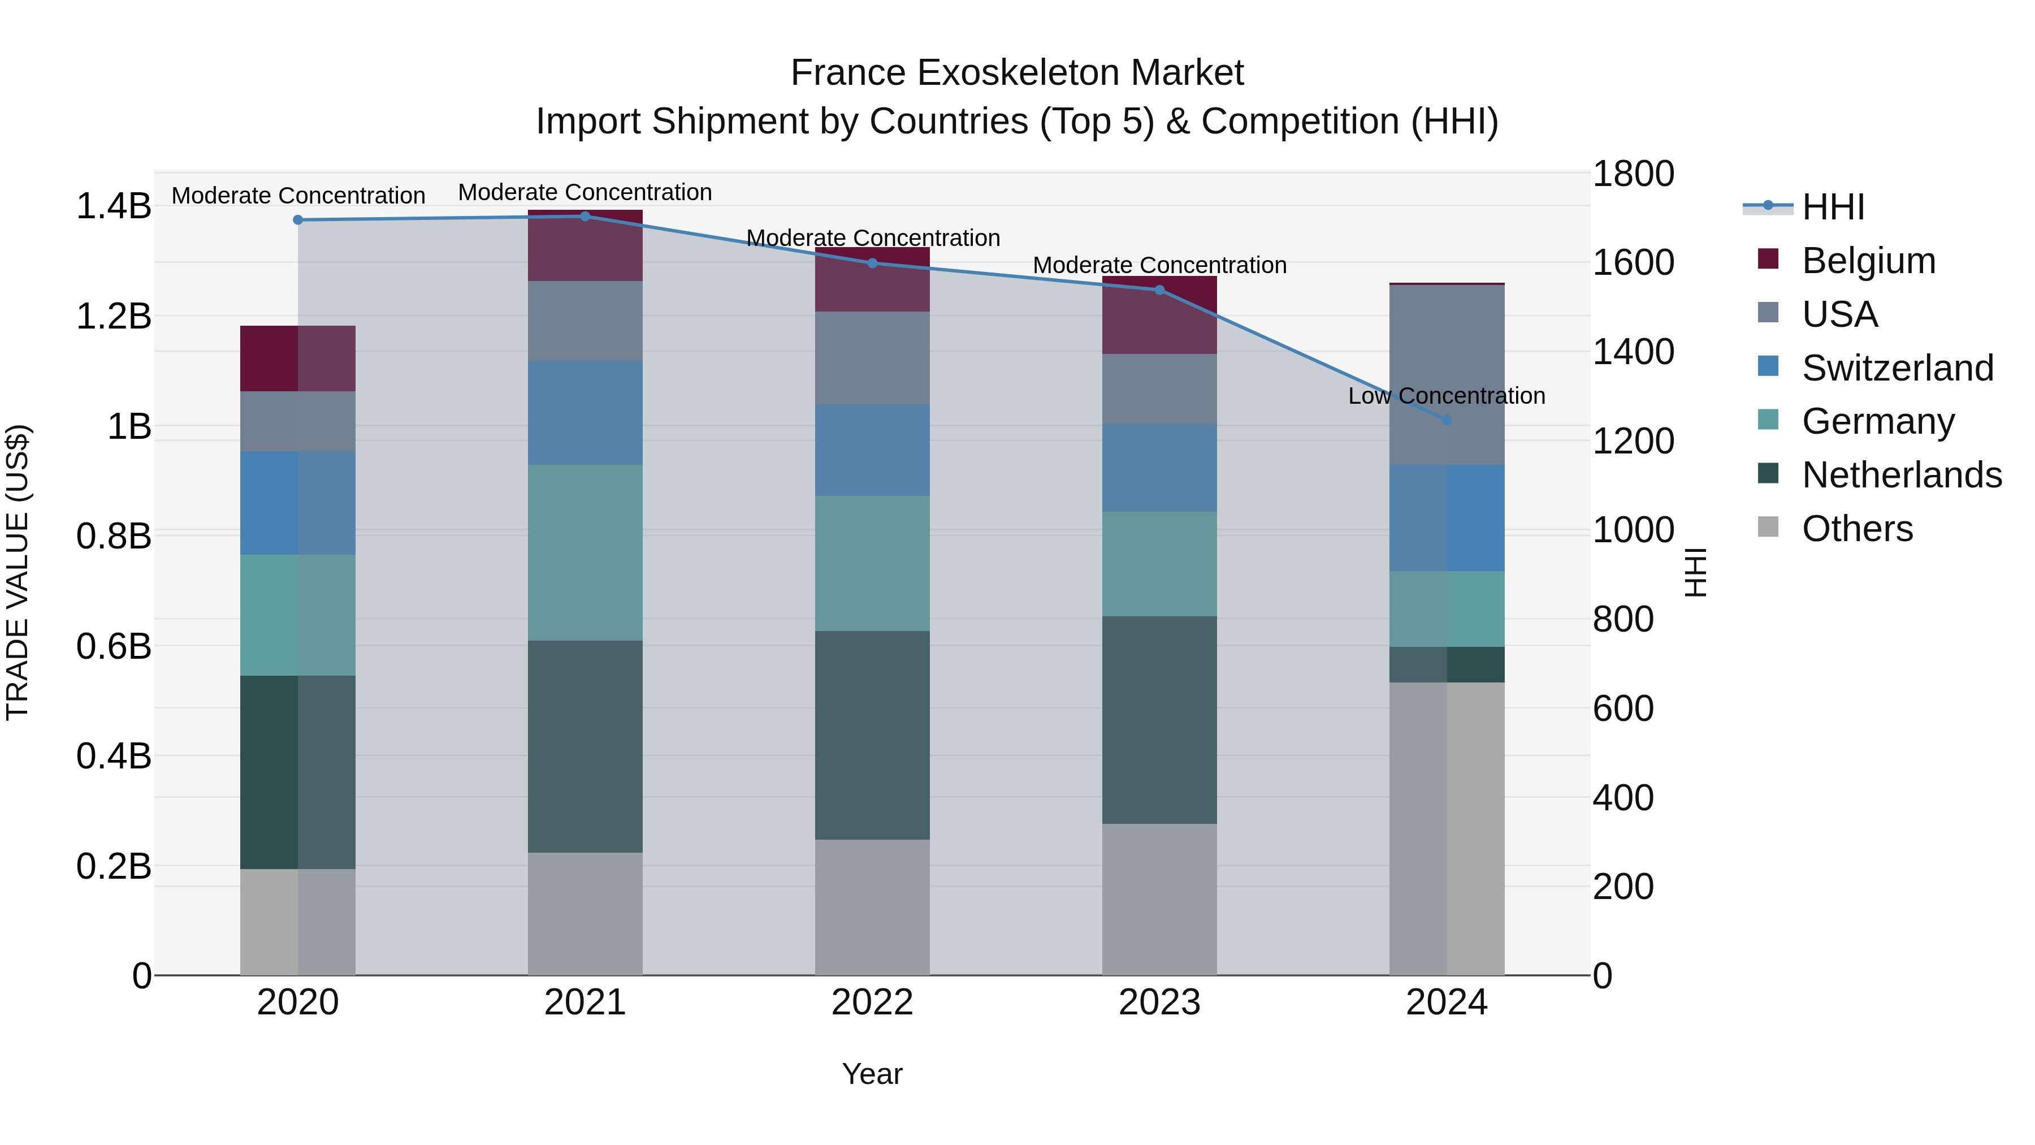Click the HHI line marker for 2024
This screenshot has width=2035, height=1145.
[1447, 420]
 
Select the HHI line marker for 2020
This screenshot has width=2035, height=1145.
[298, 220]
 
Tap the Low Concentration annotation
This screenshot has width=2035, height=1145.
[1447, 396]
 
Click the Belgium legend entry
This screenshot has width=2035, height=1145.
[1868, 261]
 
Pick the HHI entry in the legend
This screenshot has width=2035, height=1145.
[1833, 207]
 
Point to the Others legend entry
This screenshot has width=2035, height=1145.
[1856, 529]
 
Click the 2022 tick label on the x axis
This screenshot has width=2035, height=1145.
[872, 1003]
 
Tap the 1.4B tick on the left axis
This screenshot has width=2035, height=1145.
[113, 206]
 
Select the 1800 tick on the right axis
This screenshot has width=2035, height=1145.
[1633, 174]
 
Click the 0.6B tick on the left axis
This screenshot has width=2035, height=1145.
[113, 646]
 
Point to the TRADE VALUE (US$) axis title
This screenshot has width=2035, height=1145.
[18, 572]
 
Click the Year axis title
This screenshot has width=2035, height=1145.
[872, 1074]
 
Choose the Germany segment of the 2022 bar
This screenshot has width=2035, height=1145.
[872, 563]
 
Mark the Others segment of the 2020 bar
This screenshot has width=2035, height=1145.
[298, 922]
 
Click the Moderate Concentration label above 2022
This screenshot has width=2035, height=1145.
[873, 238]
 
